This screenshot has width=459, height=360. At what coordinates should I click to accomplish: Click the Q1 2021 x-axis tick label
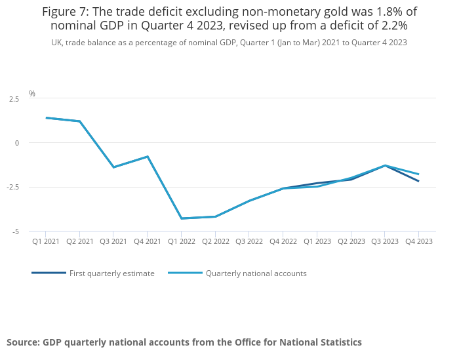pyautogui.click(x=46, y=241)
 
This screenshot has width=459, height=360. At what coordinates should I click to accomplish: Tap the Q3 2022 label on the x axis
pyautogui.click(x=249, y=241)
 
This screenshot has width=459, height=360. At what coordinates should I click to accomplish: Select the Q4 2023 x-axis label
pyautogui.click(x=418, y=241)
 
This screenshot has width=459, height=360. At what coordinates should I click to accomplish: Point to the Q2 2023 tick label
pyautogui.click(x=351, y=241)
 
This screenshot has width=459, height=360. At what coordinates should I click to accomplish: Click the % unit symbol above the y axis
pyautogui.click(x=32, y=94)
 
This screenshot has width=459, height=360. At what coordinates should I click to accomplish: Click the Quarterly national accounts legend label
pyautogui.click(x=256, y=273)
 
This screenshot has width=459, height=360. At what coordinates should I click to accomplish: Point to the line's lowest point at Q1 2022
pyautogui.click(x=181, y=218)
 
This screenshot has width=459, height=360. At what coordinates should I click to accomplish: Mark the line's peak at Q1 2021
pyautogui.click(x=46, y=118)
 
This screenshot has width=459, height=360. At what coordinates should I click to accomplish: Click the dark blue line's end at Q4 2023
pyautogui.click(x=418, y=181)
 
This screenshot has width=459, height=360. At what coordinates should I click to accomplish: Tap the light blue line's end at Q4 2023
pyautogui.click(x=418, y=174)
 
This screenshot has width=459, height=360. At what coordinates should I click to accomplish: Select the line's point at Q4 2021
pyautogui.click(x=148, y=157)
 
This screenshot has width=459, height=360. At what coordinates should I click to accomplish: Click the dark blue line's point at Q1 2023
pyautogui.click(x=317, y=183)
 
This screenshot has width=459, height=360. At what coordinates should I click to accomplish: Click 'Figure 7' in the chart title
pyautogui.click(x=66, y=12)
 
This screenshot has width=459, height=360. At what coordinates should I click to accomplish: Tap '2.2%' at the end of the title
pyautogui.click(x=391, y=26)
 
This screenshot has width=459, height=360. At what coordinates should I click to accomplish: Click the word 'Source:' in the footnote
pyautogui.click(x=23, y=342)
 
